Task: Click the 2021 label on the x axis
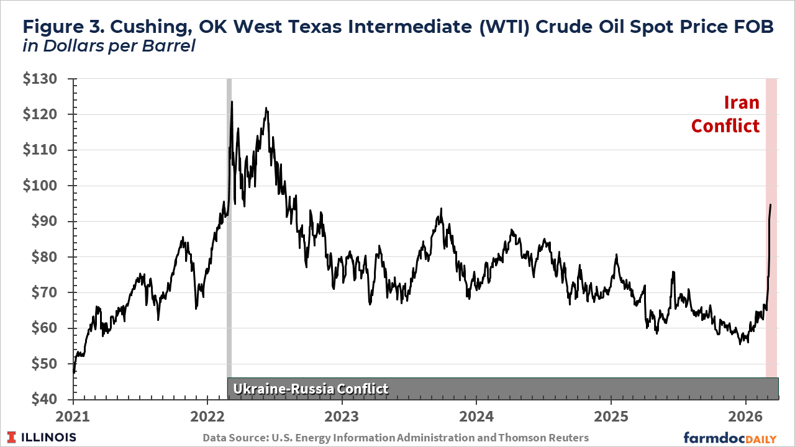point(74,415)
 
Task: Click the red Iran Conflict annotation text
point(725,114)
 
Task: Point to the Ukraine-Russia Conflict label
point(311,389)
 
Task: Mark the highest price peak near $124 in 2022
point(232,102)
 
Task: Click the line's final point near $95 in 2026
point(771,204)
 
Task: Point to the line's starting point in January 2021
point(75,372)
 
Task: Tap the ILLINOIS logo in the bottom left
point(43,437)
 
